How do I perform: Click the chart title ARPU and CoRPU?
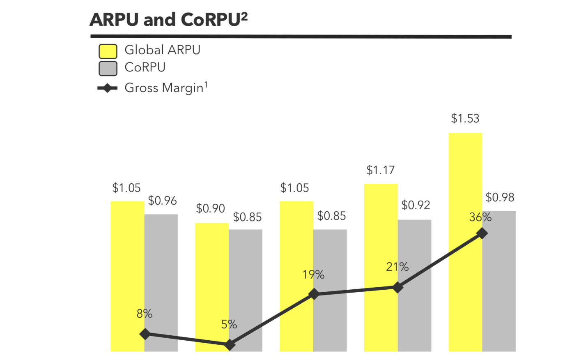click(168, 19)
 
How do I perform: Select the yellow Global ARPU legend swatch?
click(108, 51)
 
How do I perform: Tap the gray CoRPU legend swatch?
click(108, 68)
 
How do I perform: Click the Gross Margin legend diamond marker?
click(108, 88)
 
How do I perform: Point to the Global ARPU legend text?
click(162, 50)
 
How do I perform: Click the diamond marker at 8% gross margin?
click(145, 334)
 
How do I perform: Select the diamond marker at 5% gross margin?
click(230, 345)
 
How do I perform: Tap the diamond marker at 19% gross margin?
click(314, 294)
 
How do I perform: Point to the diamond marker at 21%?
click(397, 287)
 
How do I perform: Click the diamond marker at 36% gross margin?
click(482, 233)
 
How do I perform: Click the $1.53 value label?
click(465, 118)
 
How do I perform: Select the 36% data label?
click(480, 217)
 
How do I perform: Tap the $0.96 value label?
click(162, 201)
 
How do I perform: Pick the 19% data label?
click(313, 275)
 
